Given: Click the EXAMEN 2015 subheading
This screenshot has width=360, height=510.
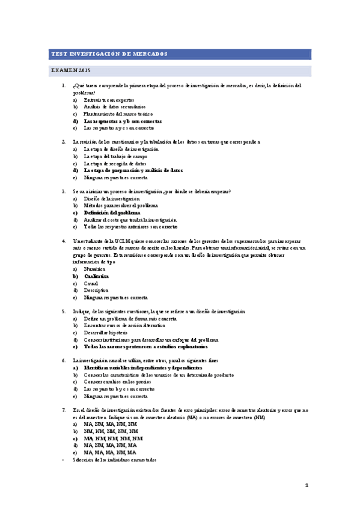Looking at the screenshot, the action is pyautogui.click(x=70, y=71).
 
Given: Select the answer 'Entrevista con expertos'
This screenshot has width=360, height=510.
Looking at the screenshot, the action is pyautogui.click(x=109, y=100).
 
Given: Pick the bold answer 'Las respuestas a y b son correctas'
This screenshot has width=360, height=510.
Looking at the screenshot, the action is pyautogui.click(x=123, y=121).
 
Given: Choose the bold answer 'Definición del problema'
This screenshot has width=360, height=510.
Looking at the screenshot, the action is pyautogui.click(x=112, y=213).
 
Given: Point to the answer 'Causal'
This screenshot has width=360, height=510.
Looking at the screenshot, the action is pyautogui.click(x=91, y=283).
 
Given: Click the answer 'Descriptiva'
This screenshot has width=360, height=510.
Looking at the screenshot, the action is pyautogui.click(x=96, y=290).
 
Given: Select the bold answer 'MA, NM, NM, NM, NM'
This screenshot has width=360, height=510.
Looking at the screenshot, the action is pyautogui.click(x=114, y=438).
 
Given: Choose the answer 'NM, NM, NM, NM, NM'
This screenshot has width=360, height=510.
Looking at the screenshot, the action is pyautogui.click(x=111, y=432).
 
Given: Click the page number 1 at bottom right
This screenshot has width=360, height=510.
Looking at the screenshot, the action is pyautogui.click(x=306, y=485).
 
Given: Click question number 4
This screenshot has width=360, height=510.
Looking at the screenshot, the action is pyautogui.click(x=64, y=241).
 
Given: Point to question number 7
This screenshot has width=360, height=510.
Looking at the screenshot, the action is pyautogui.click(x=64, y=410).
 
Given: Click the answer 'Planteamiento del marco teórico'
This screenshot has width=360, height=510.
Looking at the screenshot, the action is pyautogui.click(x=118, y=114).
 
